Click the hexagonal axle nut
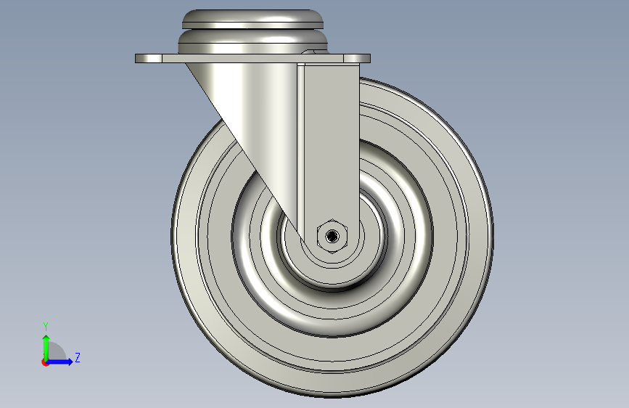[332, 236]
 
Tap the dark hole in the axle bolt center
[332, 236]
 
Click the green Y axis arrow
[46, 348]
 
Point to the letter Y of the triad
[46, 327]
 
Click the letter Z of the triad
[78, 357]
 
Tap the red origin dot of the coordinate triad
[45, 362]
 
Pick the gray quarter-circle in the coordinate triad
[57, 352]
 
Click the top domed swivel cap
[252, 18]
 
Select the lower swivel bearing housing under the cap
[252, 43]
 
